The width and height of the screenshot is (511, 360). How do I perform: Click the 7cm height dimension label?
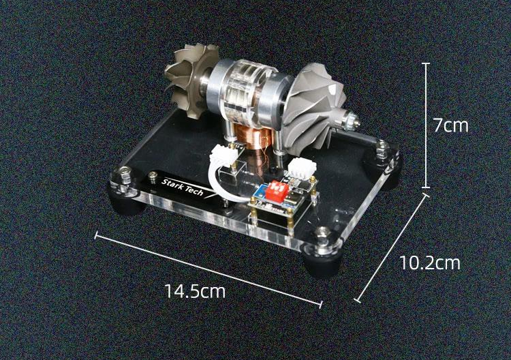[x=451, y=125]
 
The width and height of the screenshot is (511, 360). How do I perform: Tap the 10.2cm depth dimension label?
[x=430, y=262]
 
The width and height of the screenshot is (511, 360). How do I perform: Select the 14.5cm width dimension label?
[x=195, y=291]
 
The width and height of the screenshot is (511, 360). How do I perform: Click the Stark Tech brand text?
[x=183, y=187]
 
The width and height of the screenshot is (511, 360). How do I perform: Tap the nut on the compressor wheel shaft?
[x=352, y=120]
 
